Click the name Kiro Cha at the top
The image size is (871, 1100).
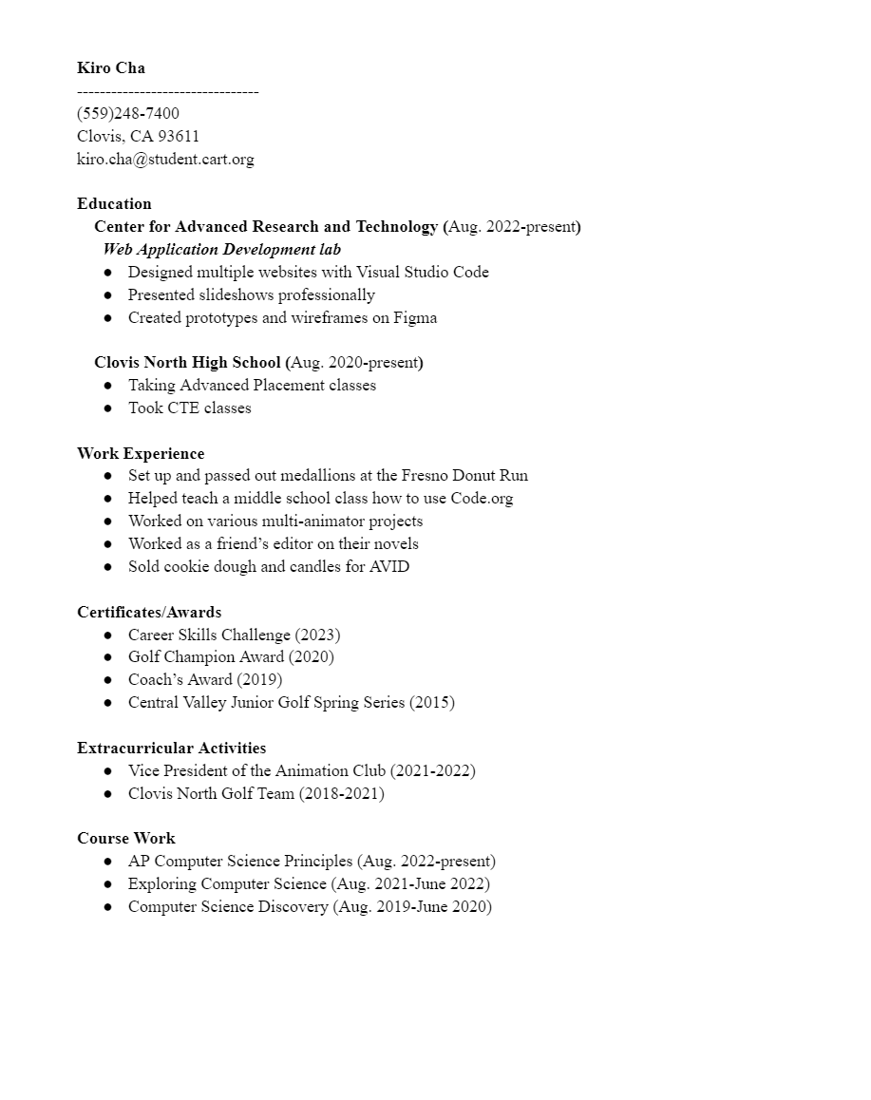point(111,68)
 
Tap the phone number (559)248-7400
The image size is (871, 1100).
point(128,114)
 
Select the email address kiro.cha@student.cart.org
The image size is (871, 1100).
point(165,160)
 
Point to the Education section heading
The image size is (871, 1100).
point(114,204)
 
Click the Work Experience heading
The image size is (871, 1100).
point(141,454)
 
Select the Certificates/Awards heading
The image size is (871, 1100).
point(149,613)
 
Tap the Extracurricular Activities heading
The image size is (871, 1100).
point(171,749)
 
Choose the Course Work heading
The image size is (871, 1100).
point(126,839)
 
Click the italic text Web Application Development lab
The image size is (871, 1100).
point(222,250)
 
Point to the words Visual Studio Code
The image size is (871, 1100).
point(423,273)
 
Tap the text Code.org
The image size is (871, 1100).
point(482,499)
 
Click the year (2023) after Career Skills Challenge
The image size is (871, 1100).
point(317,635)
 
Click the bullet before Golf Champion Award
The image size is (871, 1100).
point(108,657)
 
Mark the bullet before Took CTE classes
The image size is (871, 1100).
point(108,408)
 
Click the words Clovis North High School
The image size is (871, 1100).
point(187,363)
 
